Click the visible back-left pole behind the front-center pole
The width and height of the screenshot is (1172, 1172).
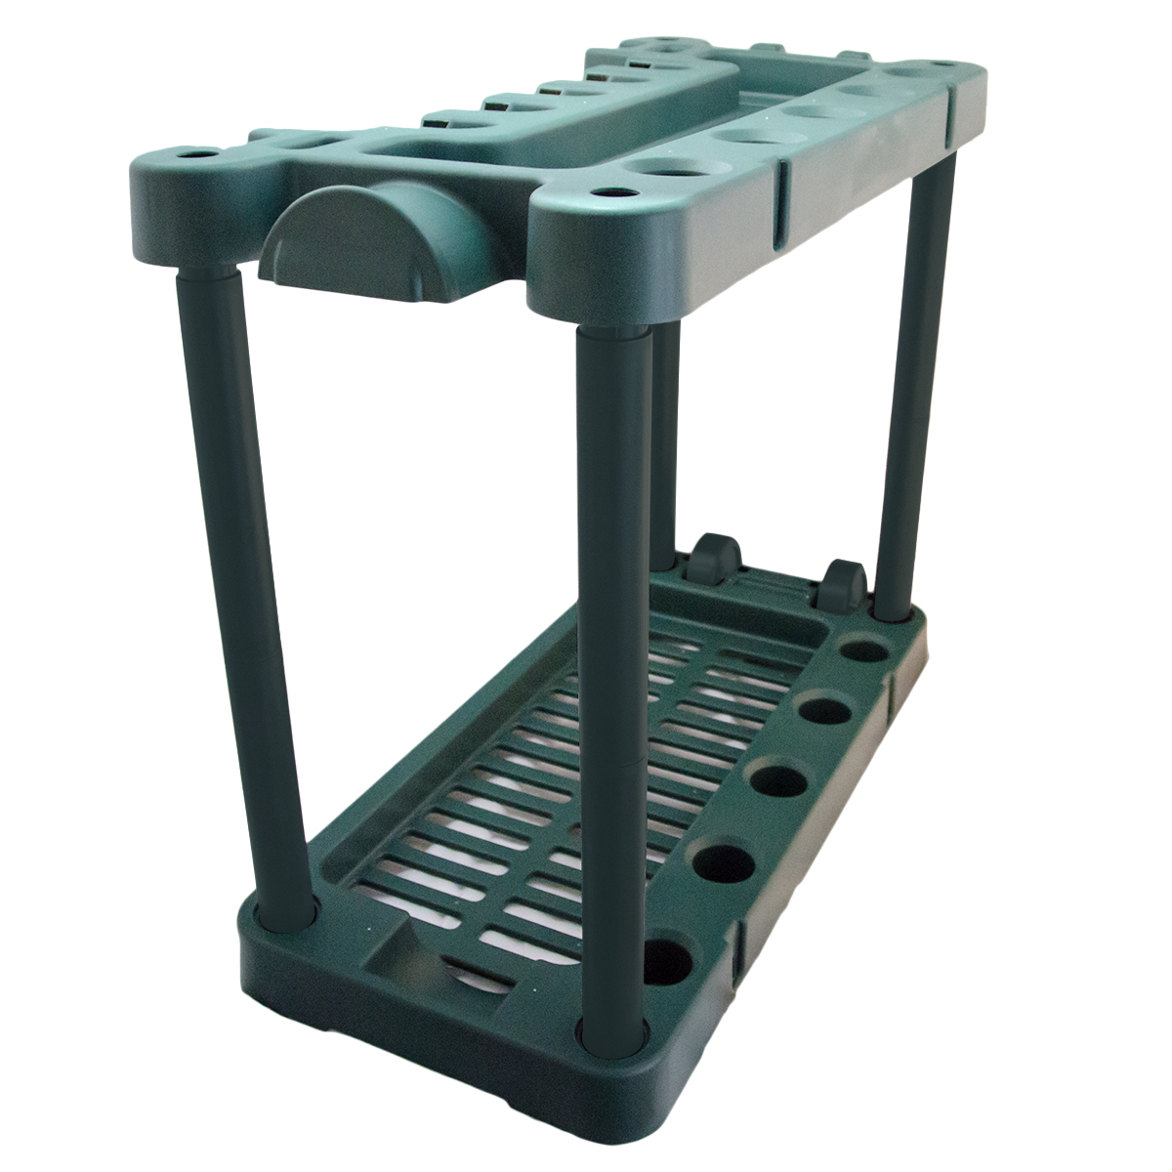pyautogui.click(x=665, y=439)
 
